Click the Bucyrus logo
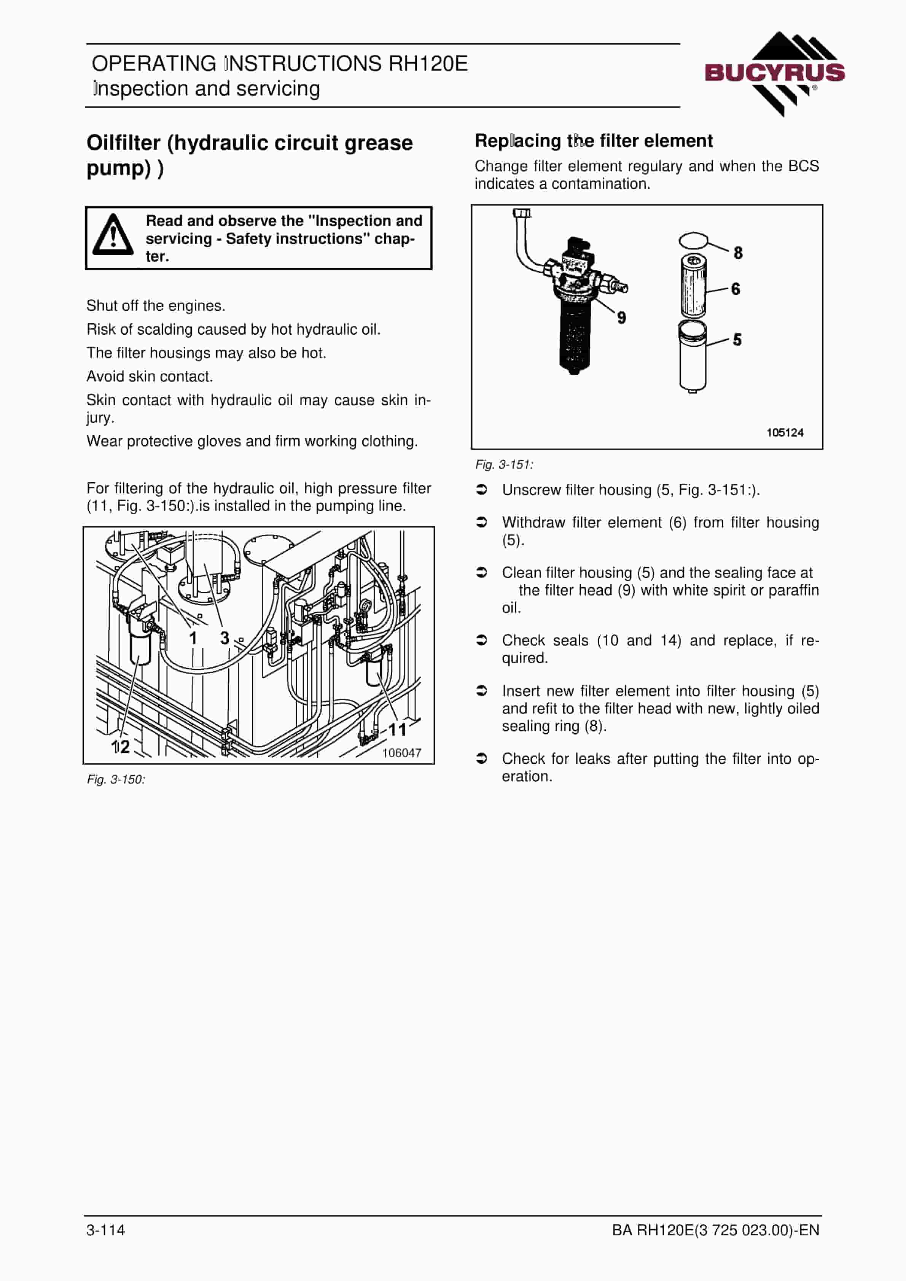tap(775, 74)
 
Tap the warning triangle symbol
tap(113, 235)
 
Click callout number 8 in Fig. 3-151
tap(738, 253)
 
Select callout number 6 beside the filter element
tap(736, 289)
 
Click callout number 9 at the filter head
tap(621, 318)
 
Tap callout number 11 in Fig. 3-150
tap(398, 730)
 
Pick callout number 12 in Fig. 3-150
tap(121, 747)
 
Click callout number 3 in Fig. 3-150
tap(225, 638)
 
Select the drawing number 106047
tap(401, 753)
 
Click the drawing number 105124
tap(785, 432)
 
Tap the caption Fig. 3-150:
tap(116, 779)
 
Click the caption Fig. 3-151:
tap(504, 464)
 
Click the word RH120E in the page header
tap(428, 64)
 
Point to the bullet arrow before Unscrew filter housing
tap(481, 489)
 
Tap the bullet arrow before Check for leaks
tap(481, 758)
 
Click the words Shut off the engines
tap(156, 306)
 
